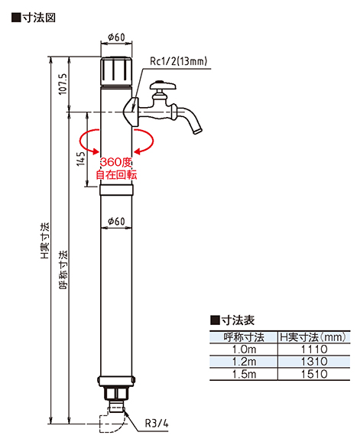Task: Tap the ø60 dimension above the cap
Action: [x=116, y=37]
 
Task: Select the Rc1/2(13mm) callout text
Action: [x=178, y=61]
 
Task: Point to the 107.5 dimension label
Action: [x=63, y=84]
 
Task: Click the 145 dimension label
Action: [x=81, y=158]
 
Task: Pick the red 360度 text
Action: [x=116, y=162]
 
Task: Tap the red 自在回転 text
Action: [x=116, y=175]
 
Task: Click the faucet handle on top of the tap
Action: [x=163, y=85]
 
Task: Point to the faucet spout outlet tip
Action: [x=197, y=131]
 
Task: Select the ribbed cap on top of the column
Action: [x=116, y=71]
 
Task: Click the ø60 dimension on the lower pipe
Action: [x=116, y=221]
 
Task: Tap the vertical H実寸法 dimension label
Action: [x=45, y=240]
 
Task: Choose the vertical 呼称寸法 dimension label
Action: [x=63, y=270]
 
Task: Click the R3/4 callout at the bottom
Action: [x=157, y=423]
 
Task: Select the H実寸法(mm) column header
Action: [x=313, y=337]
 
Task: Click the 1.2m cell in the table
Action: [x=244, y=362]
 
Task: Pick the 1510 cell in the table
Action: [x=314, y=374]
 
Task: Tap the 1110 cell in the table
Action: [x=314, y=349]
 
